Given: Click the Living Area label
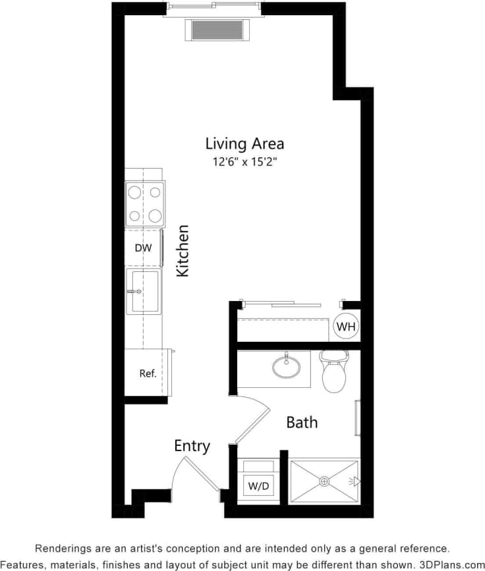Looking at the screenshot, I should click(244, 143).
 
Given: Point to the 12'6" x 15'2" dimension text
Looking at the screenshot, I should click(244, 163).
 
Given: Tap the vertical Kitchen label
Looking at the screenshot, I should click(183, 251).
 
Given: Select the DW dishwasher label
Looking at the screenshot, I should click(143, 248).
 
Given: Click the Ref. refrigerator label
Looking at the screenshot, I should click(148, 373).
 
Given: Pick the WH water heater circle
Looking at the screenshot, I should click(345, 326).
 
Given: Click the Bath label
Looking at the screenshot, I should click(302, 422).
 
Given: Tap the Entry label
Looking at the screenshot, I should click(192, 446).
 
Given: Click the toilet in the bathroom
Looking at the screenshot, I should click(333, 373).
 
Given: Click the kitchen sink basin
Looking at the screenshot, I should click(145, 291).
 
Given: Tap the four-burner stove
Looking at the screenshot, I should click(146, 204).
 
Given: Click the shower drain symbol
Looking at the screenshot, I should click(324, 481).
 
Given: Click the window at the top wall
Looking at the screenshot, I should click(214, 9).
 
